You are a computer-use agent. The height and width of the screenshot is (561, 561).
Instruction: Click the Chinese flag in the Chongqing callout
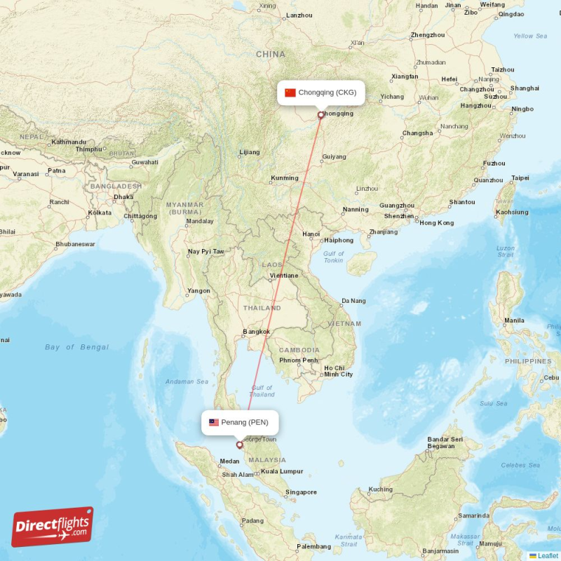[290, 93]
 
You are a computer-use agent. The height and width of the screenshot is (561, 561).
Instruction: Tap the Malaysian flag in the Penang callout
[214, 422]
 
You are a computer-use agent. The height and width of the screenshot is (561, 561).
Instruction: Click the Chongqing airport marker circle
[321, 115]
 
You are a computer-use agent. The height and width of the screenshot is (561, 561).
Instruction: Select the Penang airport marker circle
[239, 445]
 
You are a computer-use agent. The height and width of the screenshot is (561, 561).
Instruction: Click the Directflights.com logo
[53, 527]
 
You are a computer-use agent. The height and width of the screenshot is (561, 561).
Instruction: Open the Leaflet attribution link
[548, 555]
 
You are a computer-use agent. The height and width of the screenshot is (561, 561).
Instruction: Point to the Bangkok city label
[256, 331]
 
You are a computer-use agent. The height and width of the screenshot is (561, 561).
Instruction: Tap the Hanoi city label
[311, 234]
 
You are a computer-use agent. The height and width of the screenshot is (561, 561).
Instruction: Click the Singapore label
[301, 492]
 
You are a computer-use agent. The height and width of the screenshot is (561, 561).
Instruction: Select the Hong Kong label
[436, 223]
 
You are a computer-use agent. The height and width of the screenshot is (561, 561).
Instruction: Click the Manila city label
[513, 320]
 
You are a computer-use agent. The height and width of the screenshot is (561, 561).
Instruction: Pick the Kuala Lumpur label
[281, 471]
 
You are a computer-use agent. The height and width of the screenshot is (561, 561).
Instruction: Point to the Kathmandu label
[68, 142]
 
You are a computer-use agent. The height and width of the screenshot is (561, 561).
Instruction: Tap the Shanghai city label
[525, 88]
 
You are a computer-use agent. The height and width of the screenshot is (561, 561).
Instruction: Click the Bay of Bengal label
[76, 347]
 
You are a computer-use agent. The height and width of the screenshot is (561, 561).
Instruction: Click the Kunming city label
[284, 178]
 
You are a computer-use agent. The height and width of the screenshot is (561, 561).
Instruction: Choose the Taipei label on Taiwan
[520, 178]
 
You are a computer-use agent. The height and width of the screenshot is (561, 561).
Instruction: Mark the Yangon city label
[198, 290]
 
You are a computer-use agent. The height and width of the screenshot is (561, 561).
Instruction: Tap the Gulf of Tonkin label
[334, 257]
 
